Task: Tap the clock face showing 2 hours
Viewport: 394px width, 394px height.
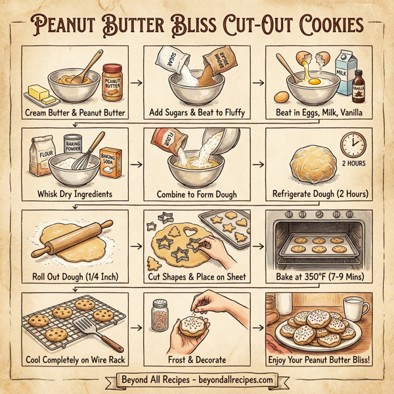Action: [353, 144]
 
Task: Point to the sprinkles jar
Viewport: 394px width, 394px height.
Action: [158, 313]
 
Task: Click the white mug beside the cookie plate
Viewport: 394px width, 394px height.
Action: [355, 310]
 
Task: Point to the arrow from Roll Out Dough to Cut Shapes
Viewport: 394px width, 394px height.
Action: [136, 247]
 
